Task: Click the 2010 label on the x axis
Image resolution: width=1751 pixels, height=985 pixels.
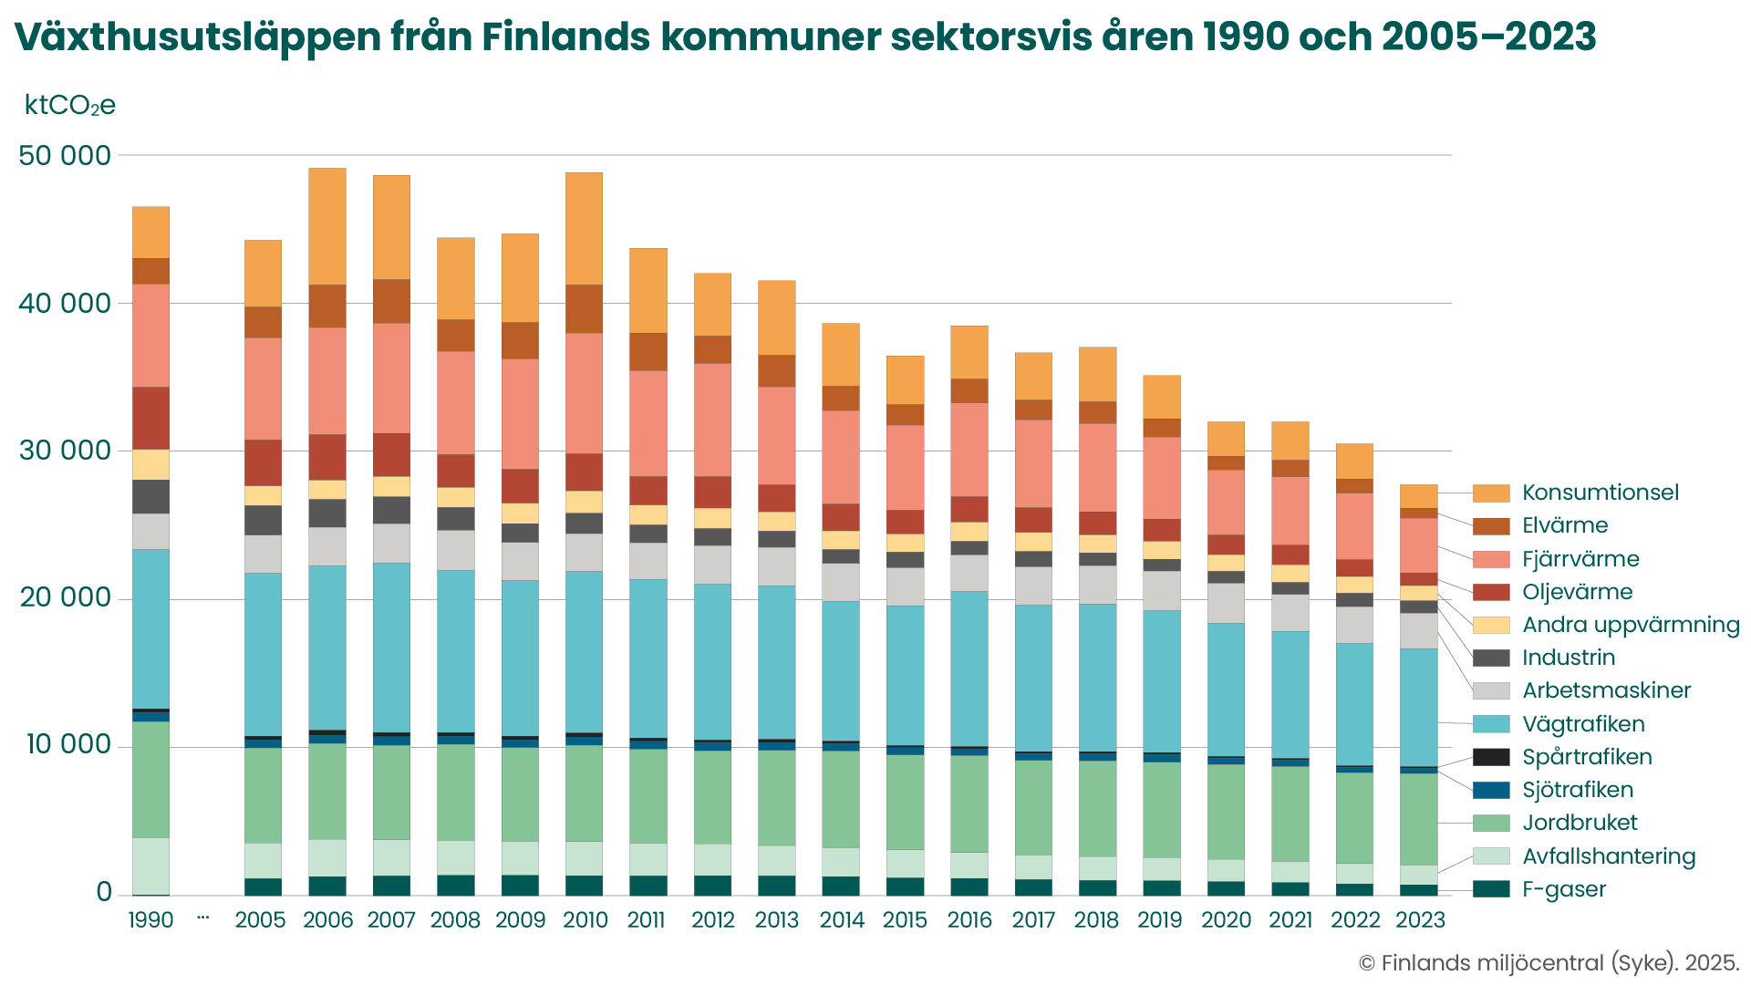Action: [585, 919]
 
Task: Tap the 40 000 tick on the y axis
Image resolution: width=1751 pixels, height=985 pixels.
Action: [65, 304]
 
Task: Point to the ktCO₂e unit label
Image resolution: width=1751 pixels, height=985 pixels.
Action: [70, 106]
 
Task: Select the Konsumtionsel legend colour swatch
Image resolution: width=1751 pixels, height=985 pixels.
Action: [1491, 493]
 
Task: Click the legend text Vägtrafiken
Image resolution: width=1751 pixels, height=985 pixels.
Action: [1583, 724]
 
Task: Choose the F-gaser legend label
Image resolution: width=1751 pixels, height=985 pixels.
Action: [1564, 889]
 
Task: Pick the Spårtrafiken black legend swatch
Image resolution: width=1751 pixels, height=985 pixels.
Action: [1491, 757]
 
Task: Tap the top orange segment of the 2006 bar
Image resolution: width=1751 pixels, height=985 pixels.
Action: [327, 225]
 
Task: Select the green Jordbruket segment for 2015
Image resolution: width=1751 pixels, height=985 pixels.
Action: [905, 802]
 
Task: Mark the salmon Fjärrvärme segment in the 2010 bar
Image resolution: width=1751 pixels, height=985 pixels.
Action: [584, 392]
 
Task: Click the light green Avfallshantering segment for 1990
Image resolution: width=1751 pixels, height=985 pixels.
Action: [150, 866]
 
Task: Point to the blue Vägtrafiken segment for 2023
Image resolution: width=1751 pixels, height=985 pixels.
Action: [1418, 707]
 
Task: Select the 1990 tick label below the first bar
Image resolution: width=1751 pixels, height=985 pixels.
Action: [150, 919]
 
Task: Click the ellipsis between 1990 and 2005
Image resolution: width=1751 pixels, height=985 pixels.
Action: [202, 917]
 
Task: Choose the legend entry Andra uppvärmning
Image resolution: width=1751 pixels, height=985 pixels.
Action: [1631, 625]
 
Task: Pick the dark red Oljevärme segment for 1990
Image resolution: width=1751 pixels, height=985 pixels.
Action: [150, 418]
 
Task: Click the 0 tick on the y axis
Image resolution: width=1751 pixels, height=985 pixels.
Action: [104, 893]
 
